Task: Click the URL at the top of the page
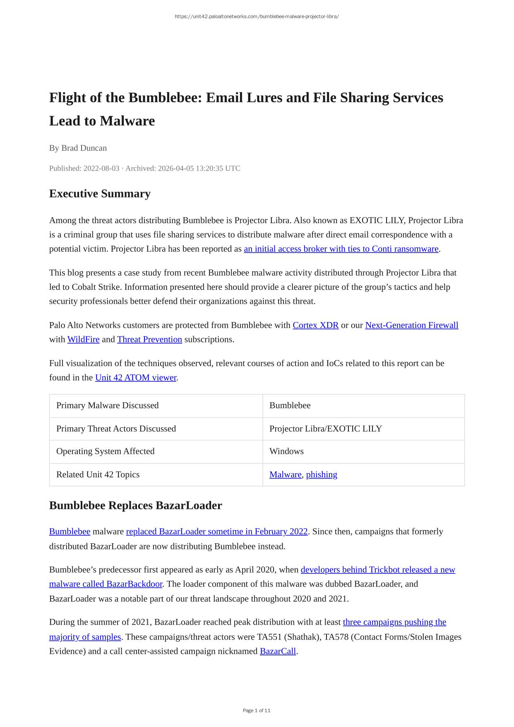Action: click(257, 17)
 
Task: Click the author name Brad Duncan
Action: click(84, 148)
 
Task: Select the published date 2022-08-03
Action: click(101, 168)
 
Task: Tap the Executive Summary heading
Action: click(100, 193)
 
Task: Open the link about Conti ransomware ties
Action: click(341, 249)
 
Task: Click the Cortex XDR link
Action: click(315, 325)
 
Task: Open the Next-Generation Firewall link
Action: click(411, 325)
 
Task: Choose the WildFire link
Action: click(83, 339)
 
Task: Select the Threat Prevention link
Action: click(149, 339)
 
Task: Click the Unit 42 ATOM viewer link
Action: click(136, 378)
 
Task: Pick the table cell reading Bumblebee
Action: click(290, 405)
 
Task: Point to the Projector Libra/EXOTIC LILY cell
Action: click(325, 428)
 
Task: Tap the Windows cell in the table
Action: click(286, 451)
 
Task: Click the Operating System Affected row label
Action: click(105, 451)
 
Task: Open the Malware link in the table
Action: click(285, 474)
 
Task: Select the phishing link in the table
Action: click(322, 474)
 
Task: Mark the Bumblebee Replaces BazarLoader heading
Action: click(135, 506)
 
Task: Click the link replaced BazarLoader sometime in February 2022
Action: click(217, 532)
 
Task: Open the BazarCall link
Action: click(278, 651)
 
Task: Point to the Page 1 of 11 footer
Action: click(257, 710)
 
